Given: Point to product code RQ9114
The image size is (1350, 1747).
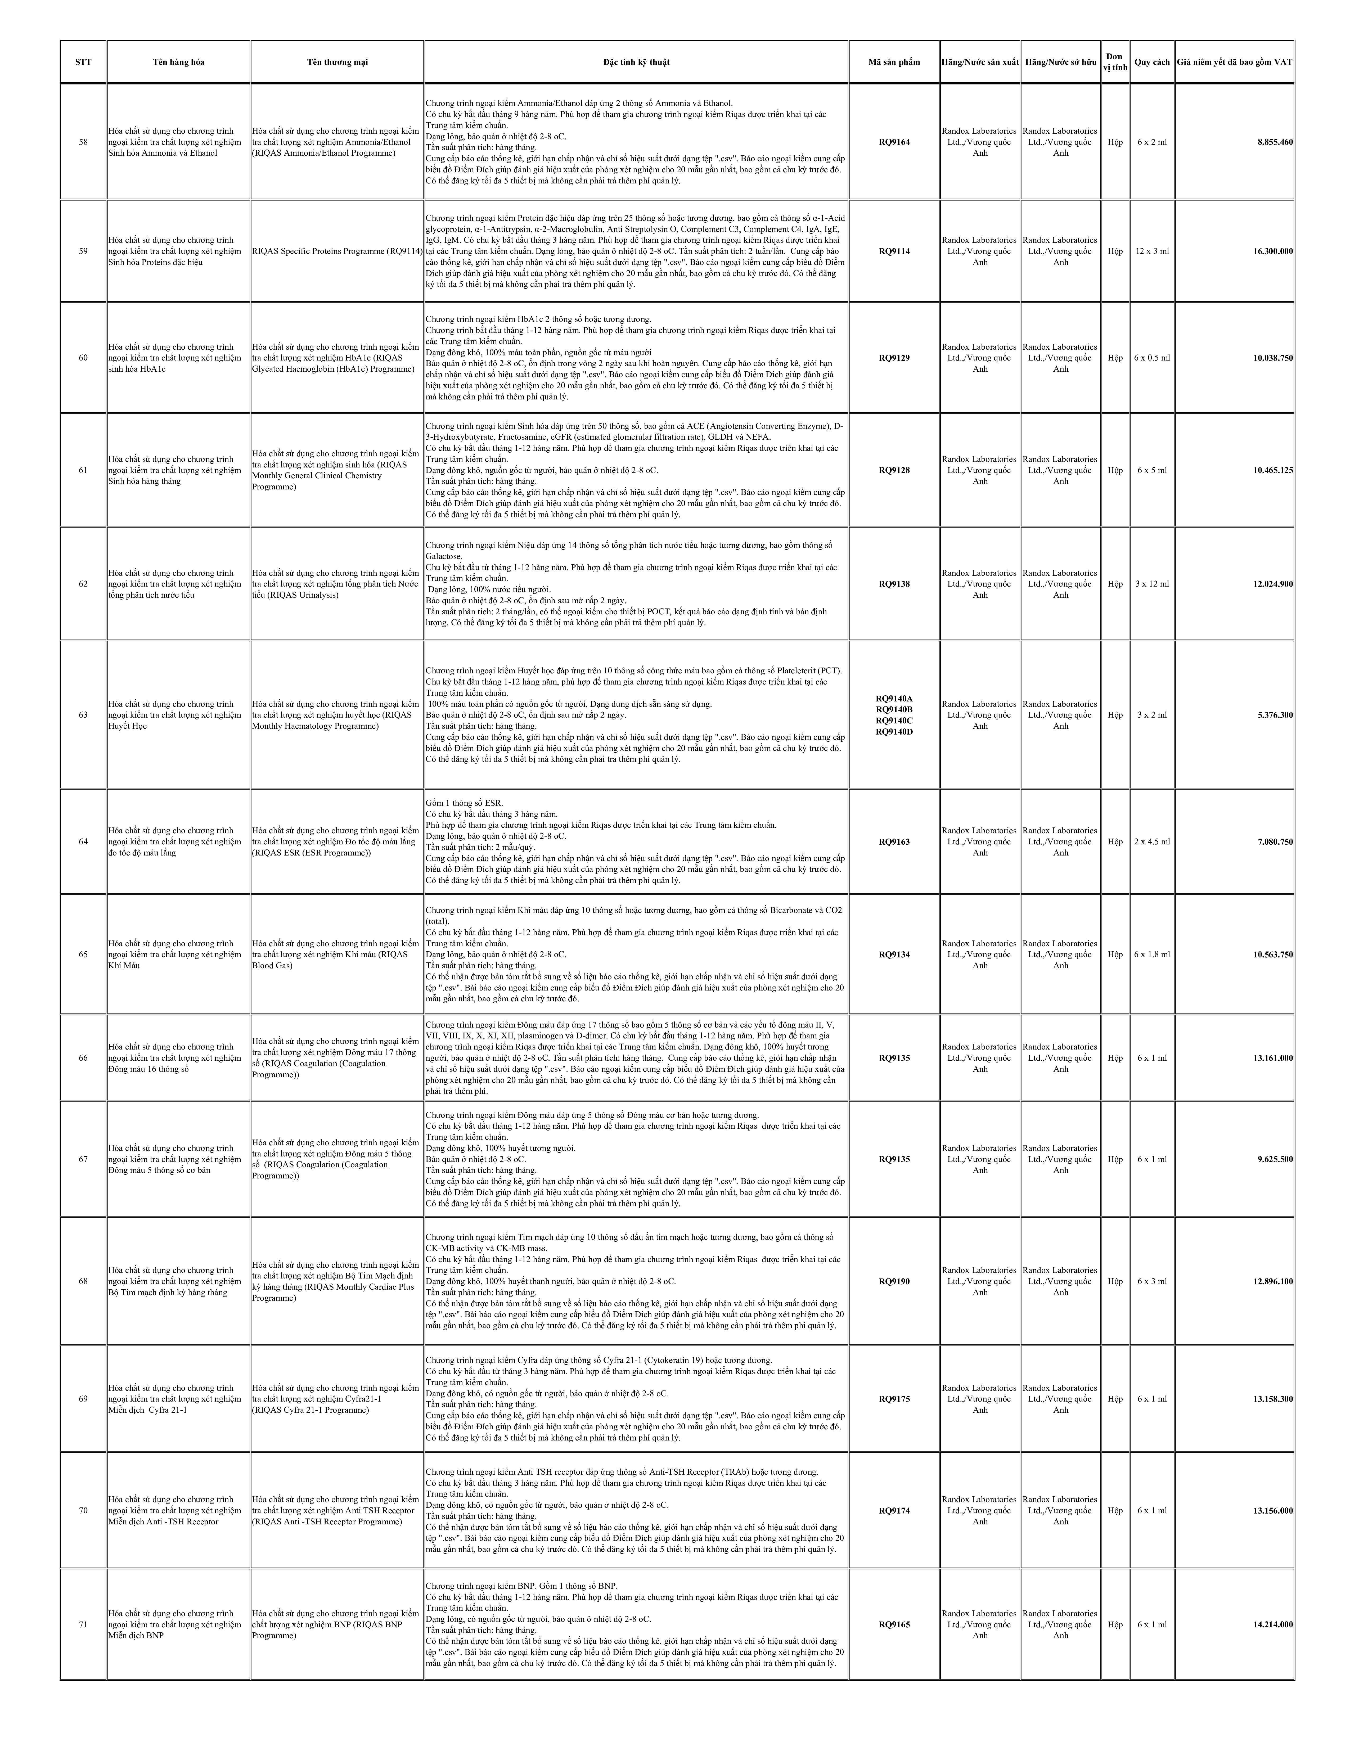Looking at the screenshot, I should point(894,251).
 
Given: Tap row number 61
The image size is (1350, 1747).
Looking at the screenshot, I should point(83,470).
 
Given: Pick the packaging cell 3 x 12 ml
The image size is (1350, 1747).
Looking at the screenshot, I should point(1152,584).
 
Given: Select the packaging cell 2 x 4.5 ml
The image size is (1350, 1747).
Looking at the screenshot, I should point(1152,841).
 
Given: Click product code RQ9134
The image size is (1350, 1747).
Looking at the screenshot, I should point(894,954).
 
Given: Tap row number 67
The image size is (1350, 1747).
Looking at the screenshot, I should point(83,1159).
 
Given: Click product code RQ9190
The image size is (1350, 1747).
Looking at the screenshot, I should point(894,1281).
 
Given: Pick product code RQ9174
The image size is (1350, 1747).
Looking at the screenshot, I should point(894,1511).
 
